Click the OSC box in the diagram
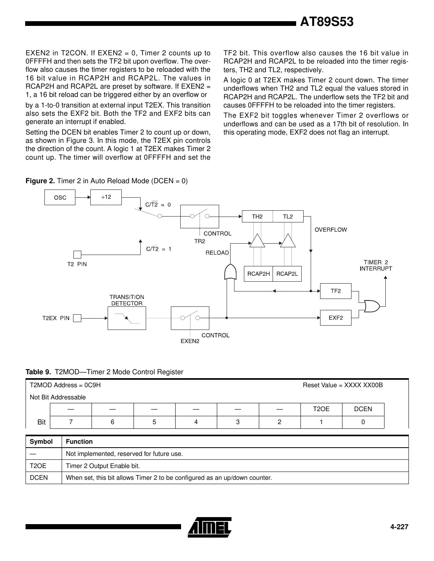pos(60,197)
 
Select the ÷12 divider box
pos(106,197)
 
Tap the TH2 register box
pos(257,217)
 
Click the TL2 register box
pos(288,217)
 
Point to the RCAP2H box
pos(258,274)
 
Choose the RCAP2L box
pos(287,274)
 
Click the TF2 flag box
pos(335,291)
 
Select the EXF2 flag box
pos(335,318)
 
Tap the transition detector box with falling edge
pos(126,318)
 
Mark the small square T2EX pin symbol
pos(77,318)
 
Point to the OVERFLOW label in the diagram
pos(331,230)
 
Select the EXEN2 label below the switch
pos(190,341)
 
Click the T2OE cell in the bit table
pos(321,409)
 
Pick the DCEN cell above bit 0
pos(363,409)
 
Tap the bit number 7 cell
pos(71,422)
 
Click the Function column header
pos(79,442)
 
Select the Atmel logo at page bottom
pos(210,526)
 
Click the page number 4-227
pos(399,527)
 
